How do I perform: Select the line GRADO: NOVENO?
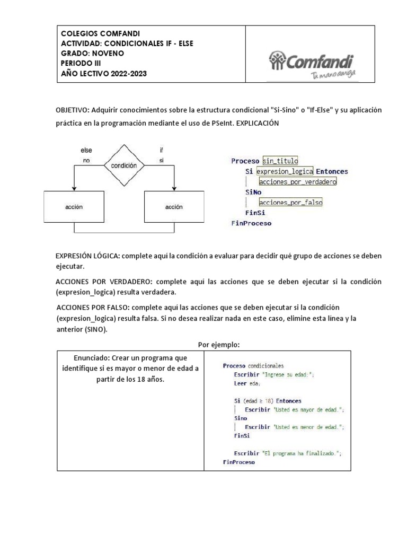[92, 54]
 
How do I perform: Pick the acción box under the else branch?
[75, 206]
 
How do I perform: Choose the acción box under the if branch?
[174, 206]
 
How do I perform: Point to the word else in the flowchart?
[86, 151]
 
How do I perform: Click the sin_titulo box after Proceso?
[280, 161]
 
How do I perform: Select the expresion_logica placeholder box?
[284, 172]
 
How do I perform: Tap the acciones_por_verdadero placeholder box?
[298, 182]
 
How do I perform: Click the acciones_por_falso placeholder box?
[290, 202]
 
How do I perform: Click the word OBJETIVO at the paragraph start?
[72, 110]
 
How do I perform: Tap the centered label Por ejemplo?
[219, 344]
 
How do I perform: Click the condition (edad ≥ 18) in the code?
[257, 401]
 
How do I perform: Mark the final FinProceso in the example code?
[239, 462]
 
